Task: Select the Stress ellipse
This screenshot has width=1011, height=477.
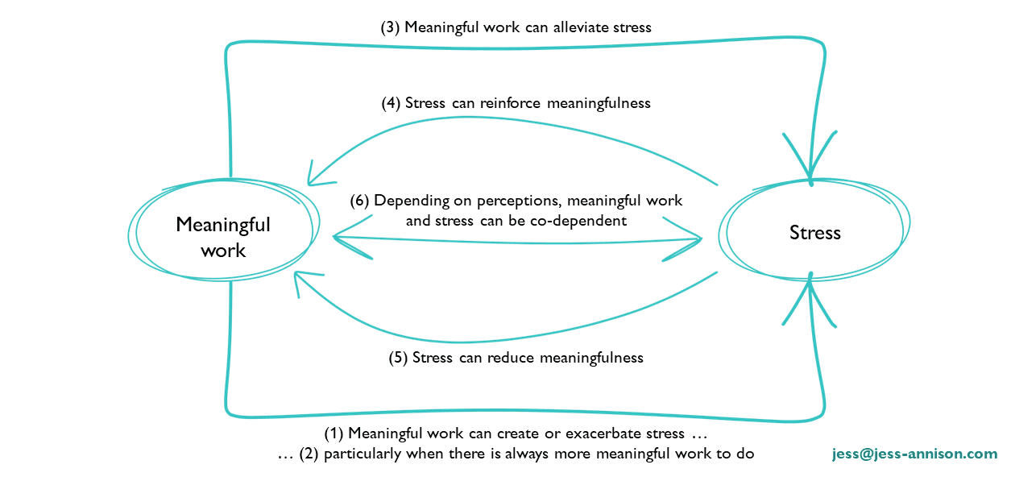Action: point(814,233)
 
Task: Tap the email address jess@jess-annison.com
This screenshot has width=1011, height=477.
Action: point(914,454)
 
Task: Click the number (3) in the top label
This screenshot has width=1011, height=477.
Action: point(390,27)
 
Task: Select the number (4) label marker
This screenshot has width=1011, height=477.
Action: point(391,103)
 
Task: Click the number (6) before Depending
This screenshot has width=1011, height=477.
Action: point(359,201)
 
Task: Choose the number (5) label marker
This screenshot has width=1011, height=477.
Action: point(397,357)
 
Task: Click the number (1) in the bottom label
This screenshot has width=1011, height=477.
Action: point(334,433)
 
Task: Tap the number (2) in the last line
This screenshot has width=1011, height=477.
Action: point(309,454)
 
